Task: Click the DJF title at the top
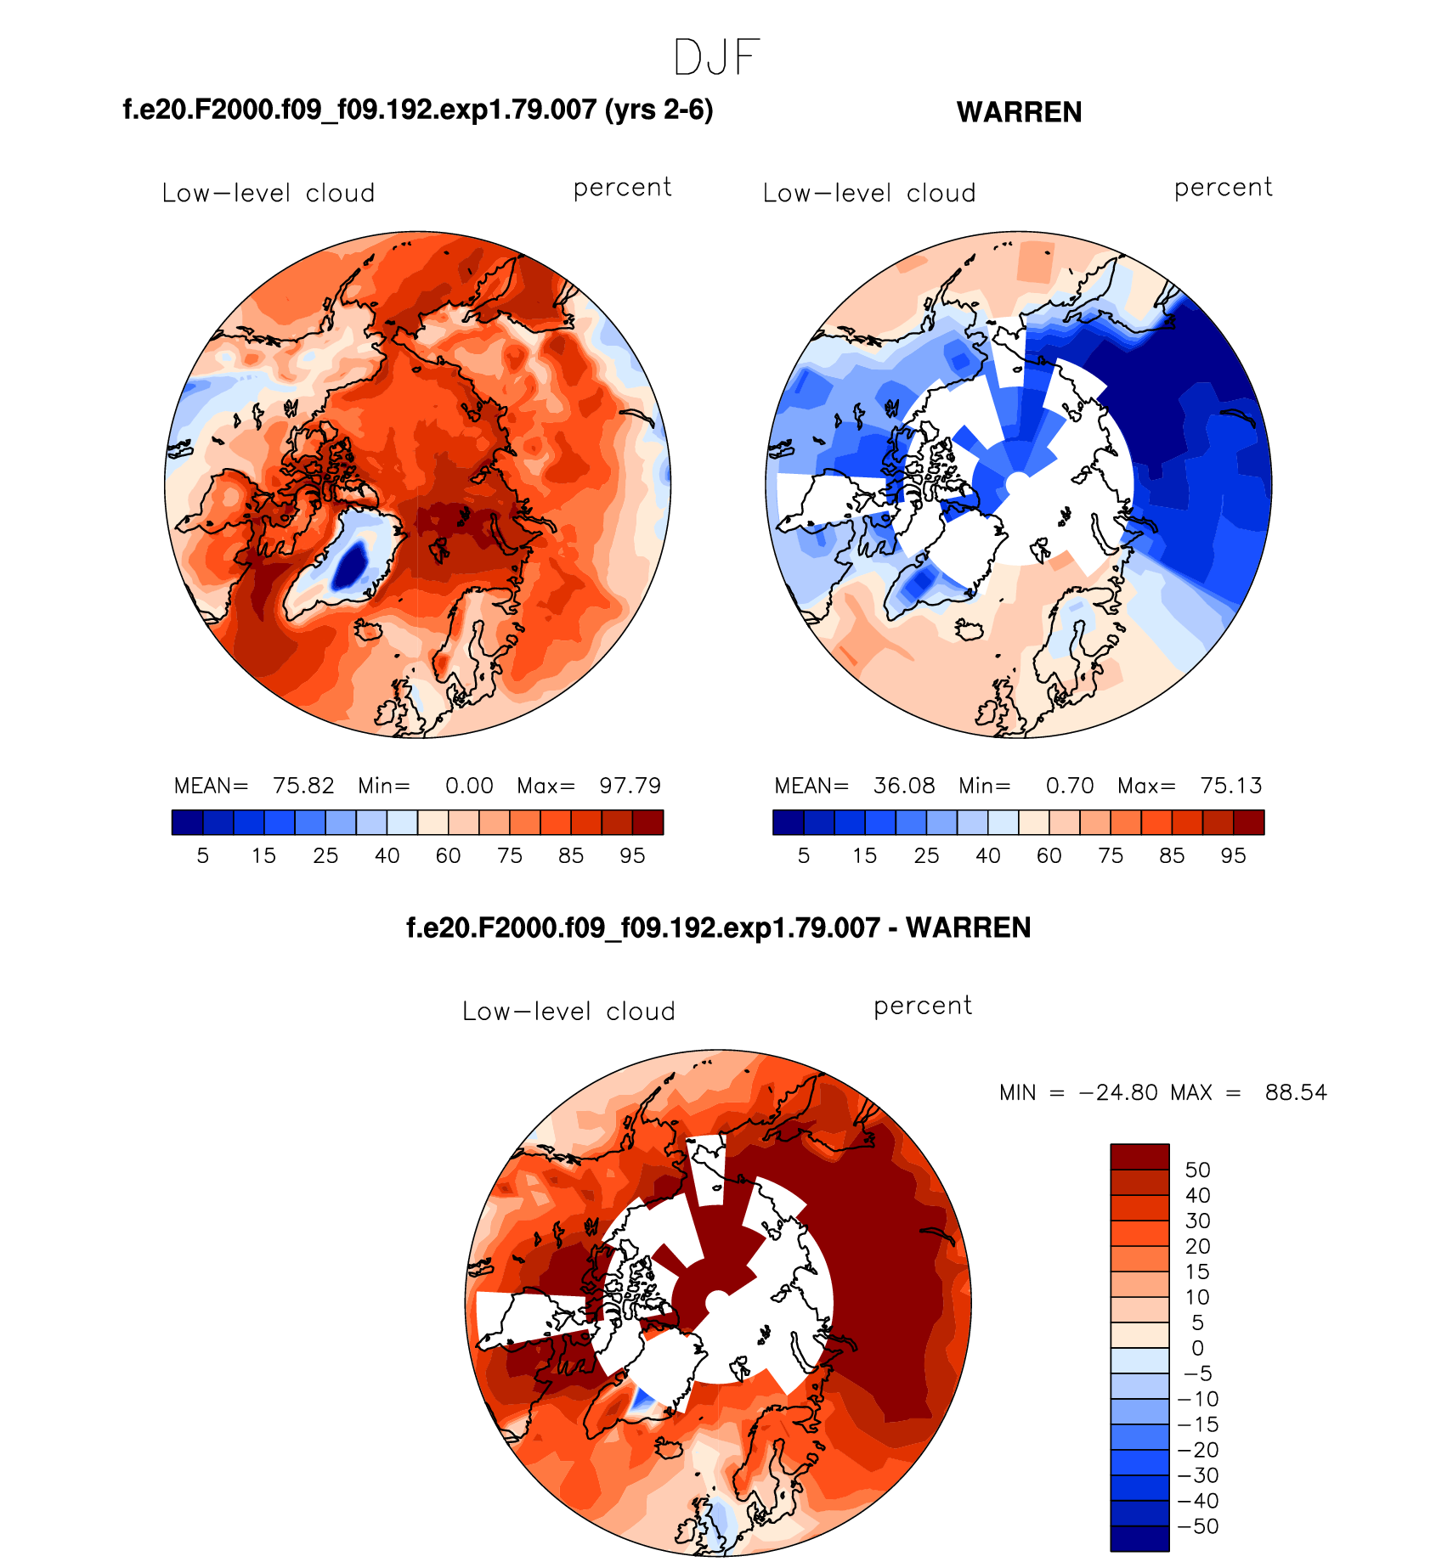715,58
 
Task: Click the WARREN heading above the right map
1019,112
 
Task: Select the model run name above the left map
417,110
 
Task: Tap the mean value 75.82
303,786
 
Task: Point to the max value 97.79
630,786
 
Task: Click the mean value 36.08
904,786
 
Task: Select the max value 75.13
1230,786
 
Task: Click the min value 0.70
1069,786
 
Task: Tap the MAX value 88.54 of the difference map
1295,1092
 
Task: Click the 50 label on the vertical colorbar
1197,1170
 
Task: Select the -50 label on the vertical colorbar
1198,1526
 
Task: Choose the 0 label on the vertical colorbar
1197,1348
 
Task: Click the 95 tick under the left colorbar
632,856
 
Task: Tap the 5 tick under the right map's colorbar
804,856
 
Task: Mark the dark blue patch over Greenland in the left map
349,564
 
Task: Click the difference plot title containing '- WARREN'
718,928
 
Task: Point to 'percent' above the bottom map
922,1006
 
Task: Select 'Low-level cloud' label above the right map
868,194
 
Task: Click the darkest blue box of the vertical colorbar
1139,1538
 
